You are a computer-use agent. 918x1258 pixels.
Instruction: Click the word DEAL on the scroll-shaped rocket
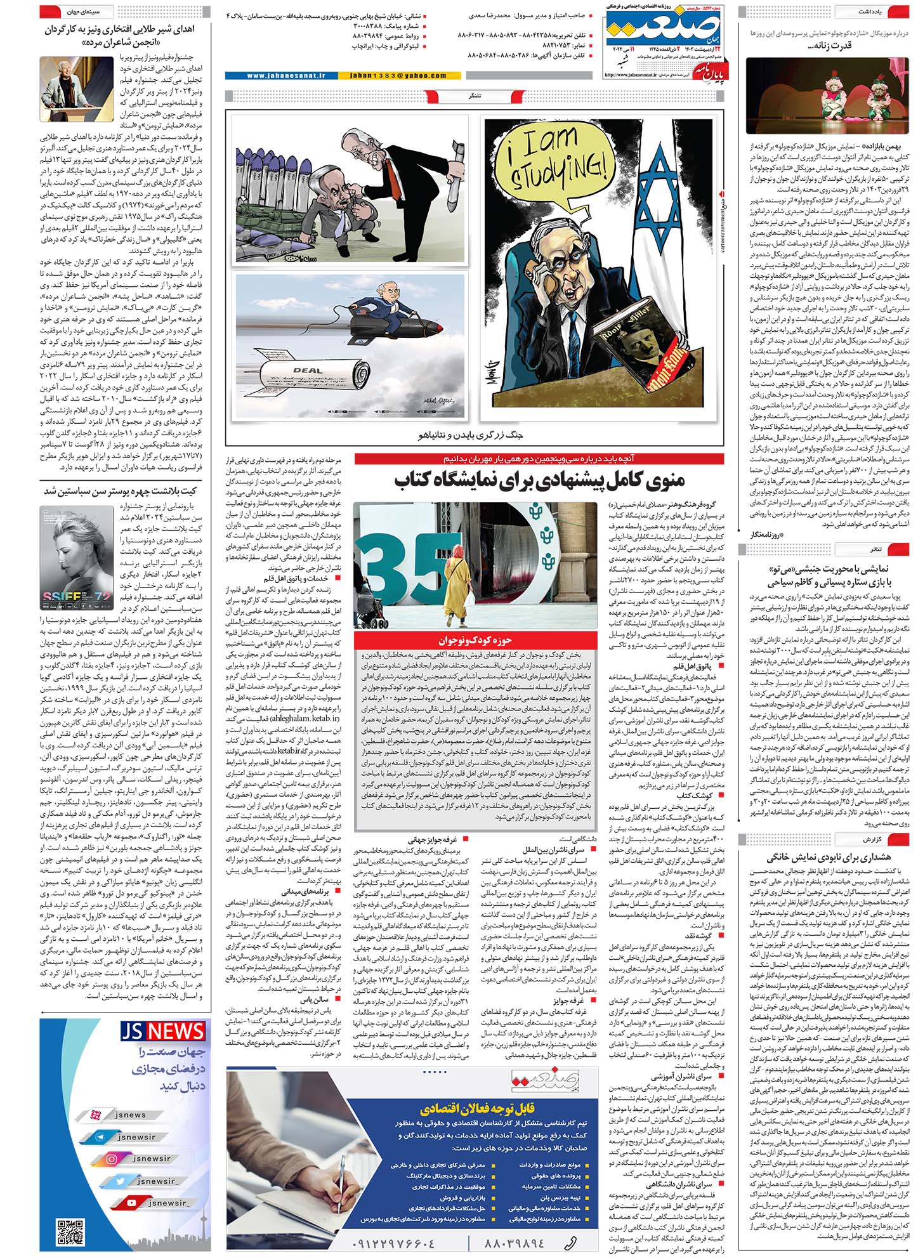307,370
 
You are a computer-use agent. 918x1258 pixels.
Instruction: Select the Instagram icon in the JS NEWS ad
112,1158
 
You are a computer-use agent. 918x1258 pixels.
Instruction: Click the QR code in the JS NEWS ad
70,1233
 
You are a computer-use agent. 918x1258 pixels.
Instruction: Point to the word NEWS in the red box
176,1032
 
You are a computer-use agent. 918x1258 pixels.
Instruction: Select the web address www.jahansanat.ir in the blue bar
285,75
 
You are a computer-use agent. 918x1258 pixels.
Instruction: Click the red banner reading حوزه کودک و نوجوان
475,640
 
